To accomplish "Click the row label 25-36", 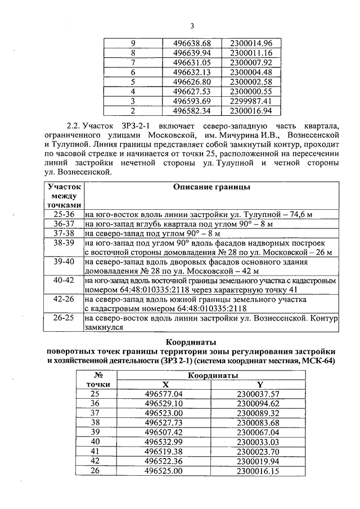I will click(64, 214).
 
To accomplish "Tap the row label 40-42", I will click(64, 280).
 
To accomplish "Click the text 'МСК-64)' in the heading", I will click(318, 361).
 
